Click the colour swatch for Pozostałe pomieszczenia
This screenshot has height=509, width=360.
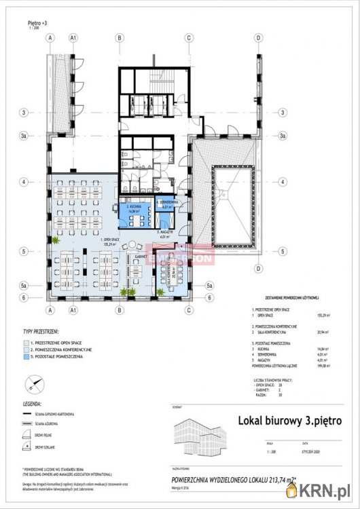click(x=26, y=357)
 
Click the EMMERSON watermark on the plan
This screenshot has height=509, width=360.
click(x=183, y=257)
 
